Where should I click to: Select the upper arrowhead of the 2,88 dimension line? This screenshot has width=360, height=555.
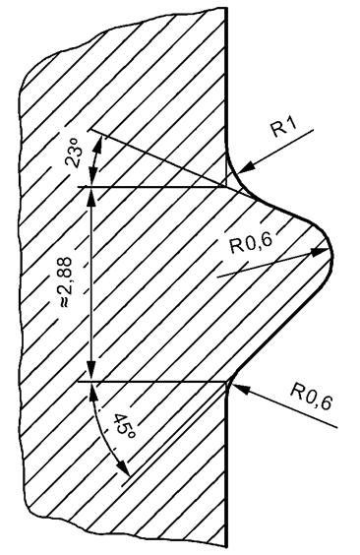[x=90, y=192]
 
